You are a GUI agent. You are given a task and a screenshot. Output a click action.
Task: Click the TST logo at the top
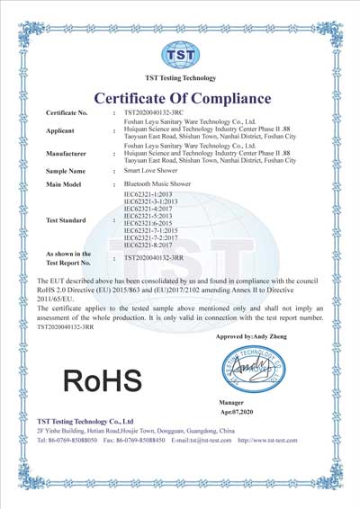click(179, 55)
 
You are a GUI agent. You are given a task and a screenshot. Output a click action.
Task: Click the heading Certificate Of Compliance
click(179, 97)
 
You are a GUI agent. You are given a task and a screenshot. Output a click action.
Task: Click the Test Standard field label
click(71, 219)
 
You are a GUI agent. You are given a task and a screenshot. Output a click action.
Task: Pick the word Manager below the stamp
click(232, 400)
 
